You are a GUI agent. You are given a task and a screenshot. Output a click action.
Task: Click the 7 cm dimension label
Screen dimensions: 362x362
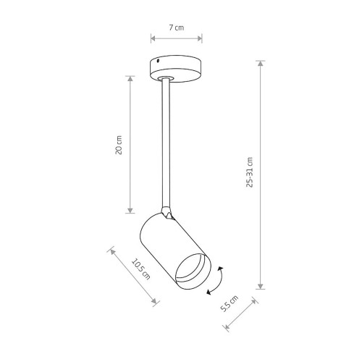[x=177, y=28]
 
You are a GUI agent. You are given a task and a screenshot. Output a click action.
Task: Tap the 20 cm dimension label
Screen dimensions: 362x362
[x=119, y=145]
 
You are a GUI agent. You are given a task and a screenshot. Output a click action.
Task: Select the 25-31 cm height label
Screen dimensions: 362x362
[x=250, y=172]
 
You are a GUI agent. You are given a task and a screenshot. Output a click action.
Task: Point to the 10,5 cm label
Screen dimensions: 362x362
[x=140, y=269]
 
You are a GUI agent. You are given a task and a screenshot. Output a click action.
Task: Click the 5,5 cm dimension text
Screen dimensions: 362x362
[x=230, y=303]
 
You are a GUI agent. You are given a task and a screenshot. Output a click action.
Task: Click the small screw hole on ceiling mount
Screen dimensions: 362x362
[x=158, y=61]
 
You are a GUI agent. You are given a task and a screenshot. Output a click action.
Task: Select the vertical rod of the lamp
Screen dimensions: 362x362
[x=166, y=143]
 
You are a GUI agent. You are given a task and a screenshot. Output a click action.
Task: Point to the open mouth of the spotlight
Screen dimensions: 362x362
[x=193, y=271]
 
